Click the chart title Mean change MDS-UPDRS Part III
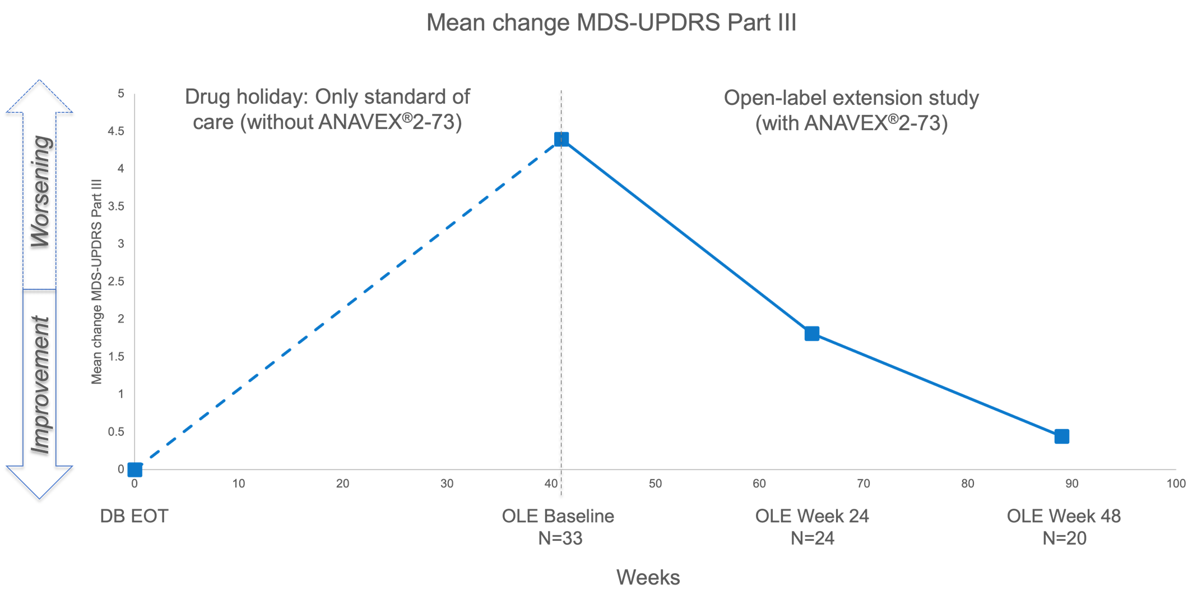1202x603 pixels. [611, 23]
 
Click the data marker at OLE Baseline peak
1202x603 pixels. [561, 139]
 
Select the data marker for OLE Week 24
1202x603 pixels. [811, 334]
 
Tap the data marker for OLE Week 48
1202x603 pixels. [1061, 436]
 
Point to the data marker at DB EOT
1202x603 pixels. [134, 469]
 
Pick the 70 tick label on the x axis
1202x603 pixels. [864, 484]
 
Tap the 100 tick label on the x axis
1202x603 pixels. [1176, 484]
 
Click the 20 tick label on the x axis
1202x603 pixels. [342, 484]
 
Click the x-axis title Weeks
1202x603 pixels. [648, 577]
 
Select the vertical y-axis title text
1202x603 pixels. [97, 282]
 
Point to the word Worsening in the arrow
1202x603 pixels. [41, 191]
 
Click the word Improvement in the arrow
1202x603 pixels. [41, 384]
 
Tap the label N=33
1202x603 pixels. [560, 538]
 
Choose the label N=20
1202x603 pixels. [1064, 538]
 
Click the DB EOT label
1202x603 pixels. [134, 516]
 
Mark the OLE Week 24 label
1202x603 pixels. [811, 516]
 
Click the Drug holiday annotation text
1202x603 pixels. [327, 109]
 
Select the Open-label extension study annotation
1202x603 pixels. [851, 111]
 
